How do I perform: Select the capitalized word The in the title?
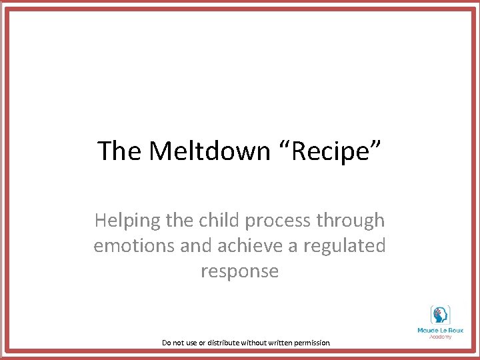click(x=119, y=151)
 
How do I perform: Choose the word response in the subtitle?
click(x=239, y=272)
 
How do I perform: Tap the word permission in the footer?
click(x=310, y=343)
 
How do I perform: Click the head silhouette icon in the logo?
click(x=440, y=314)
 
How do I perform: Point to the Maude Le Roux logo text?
click(x=440, y=329)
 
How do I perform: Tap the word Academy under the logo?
click(x=440, y=336)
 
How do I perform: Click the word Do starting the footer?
click(x=167, y=343)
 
